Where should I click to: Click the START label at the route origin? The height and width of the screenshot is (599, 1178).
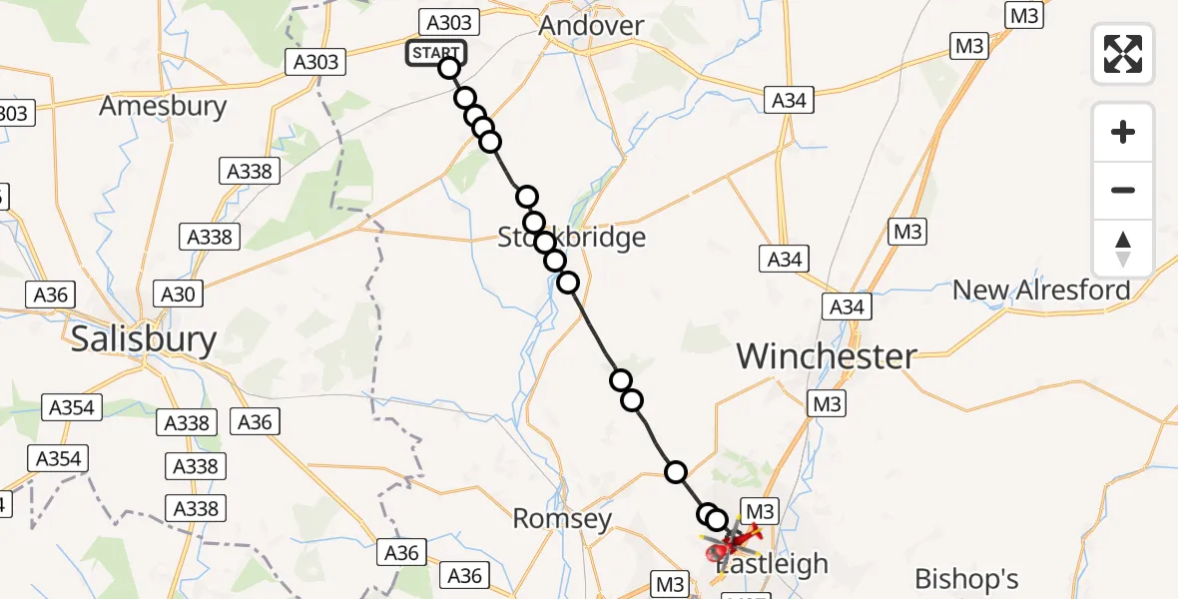(x=435, y=53)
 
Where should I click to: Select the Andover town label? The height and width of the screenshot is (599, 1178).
(x=591, y=26)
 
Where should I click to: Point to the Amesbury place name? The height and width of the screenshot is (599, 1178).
(x=163, y=106)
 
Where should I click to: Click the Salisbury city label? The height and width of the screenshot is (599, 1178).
(x=144, y=339)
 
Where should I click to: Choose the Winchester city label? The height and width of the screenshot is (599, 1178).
(x=827, y=355)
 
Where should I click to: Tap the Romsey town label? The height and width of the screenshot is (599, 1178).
(x=561, y=517)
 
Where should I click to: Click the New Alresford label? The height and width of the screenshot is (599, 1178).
(x=1041, y=291)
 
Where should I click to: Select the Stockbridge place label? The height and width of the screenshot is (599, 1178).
(x=572, y=238)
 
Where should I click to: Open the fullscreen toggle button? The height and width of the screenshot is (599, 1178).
(x=1123, y=54)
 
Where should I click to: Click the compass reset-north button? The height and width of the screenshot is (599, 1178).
(x=1123, y=248)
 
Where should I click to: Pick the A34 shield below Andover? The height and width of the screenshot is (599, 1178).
(x=789, y=100)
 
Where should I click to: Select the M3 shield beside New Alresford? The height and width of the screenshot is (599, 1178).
(x=907, y=233)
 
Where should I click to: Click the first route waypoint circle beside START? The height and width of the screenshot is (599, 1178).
(x=449, y=68)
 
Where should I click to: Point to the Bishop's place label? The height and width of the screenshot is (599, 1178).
(x=967, y=578)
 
